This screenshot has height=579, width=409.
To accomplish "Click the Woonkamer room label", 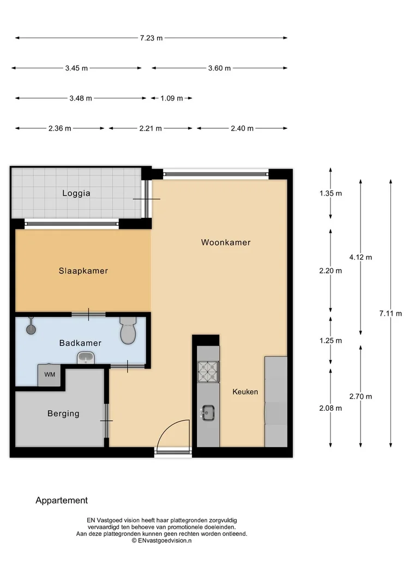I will tap(226, 242).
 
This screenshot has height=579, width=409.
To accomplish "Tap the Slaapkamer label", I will tap(83, 271).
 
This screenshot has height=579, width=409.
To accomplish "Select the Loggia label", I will tap(76, 193).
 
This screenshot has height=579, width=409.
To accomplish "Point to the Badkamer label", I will tap(80, 343).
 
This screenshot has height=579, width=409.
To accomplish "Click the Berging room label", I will tap(63, 413).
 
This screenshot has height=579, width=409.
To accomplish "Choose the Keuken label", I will tap(245, 392).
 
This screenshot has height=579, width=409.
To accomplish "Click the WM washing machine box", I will tap(50, 375).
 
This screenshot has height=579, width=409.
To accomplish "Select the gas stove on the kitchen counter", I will tap(208, 373).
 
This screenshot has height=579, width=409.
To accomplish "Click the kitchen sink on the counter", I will tap(208, 413).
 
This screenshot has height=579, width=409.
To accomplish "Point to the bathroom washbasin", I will tap(86, 358).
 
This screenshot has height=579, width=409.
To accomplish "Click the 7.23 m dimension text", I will tap(151, 38).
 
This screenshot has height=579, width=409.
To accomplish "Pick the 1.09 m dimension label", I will tap(172, 98).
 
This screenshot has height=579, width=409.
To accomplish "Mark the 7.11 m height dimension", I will tap(390, 314).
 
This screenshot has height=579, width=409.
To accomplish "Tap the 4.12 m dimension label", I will tap(360, 257).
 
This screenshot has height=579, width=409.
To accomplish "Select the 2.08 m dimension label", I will tap(330, 408).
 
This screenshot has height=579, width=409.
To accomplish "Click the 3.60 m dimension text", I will tap(220, 68).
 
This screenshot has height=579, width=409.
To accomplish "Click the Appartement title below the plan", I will tap(62, 500).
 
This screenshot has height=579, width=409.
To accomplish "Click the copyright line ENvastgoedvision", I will tap(161, 541).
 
